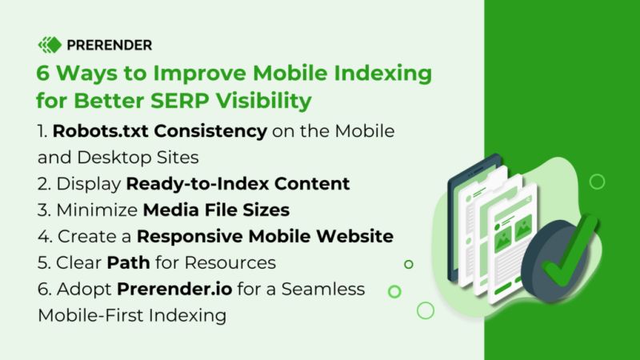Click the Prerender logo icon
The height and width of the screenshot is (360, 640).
click(x=50, y=45)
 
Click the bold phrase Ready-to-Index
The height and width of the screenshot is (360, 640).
click(x=183, y=183)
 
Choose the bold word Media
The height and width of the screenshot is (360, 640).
click(x=169, y=210)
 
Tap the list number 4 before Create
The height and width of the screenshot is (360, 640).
click(x=43, y=238)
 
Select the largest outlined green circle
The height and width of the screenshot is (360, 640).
click(x=426, y=310)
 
